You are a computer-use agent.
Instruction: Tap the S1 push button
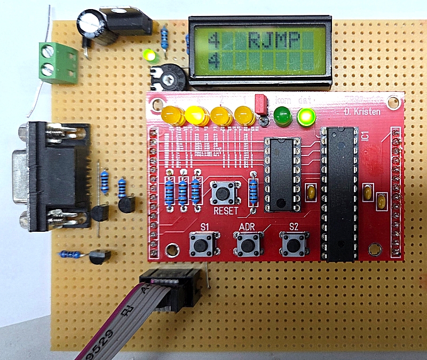click(x=203, y=244)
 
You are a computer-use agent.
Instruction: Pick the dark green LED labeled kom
click(x=282, y=115)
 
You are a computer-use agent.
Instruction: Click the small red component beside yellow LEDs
click(x=261, y=104)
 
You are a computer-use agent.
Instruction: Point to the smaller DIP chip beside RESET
click(x=281, y=173)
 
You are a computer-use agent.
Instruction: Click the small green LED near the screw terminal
click(x=149, y=55)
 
